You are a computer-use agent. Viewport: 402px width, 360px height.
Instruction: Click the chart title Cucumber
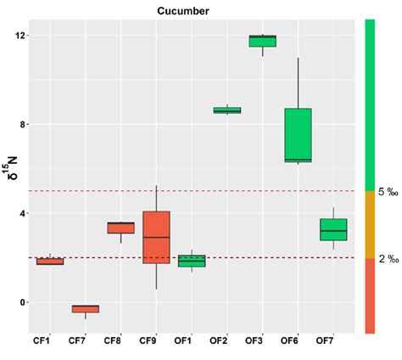coord(183,10)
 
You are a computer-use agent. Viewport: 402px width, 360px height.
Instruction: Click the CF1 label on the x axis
coord(50,340)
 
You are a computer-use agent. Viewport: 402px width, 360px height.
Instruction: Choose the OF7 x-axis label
coord(332,340)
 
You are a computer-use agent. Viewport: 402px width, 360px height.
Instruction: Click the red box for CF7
coord(85,309)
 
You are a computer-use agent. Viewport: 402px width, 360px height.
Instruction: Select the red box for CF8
coord(120,228)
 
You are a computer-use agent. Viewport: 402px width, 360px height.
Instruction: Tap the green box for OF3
coord(262,41)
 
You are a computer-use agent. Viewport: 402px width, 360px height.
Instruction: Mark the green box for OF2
coord(226,110)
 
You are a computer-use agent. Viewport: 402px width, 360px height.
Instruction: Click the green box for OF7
coord(332,229)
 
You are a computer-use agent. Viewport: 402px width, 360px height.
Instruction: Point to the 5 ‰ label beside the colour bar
coord(388,192)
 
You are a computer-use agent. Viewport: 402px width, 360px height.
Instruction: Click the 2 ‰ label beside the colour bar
coord(388,259)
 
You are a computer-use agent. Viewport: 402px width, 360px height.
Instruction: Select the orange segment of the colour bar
coord(370,224)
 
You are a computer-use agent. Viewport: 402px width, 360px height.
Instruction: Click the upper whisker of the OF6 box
coord(298,83)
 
